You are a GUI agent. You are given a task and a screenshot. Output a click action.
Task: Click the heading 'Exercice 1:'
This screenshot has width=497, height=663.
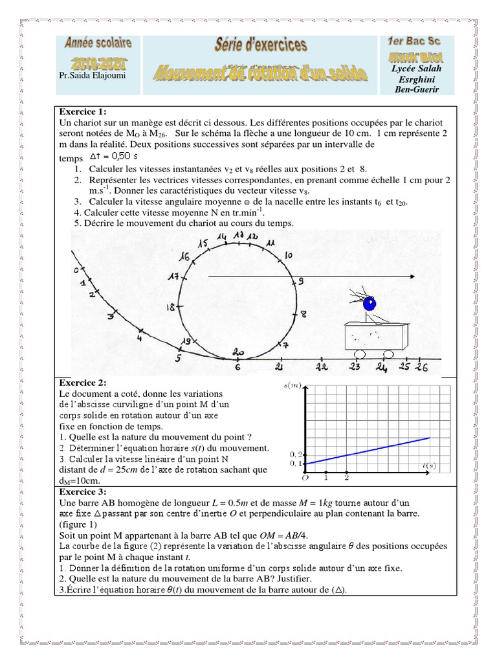[82, 112]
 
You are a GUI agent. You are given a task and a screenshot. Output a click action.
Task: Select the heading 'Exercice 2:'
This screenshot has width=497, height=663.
[82, 383]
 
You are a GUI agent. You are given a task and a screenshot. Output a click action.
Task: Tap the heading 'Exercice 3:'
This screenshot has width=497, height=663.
[82, 491]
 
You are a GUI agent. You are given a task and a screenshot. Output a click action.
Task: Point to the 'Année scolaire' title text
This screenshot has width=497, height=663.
[98, 44]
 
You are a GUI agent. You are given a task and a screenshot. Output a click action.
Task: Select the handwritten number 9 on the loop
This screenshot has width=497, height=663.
[300, 281]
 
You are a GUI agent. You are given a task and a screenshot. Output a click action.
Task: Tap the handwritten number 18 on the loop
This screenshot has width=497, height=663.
[171, 308]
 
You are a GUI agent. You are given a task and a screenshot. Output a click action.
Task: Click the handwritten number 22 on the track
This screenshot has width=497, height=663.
[322, 366]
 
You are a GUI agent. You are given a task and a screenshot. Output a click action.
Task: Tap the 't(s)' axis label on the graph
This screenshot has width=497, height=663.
[427, 465]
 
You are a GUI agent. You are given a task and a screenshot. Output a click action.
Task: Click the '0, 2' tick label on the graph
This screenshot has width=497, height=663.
[295, 455]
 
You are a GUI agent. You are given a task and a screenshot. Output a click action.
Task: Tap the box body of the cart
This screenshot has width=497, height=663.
[374, 335]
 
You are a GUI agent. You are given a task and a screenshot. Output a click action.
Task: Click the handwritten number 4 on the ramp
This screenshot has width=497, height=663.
[140, 337]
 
